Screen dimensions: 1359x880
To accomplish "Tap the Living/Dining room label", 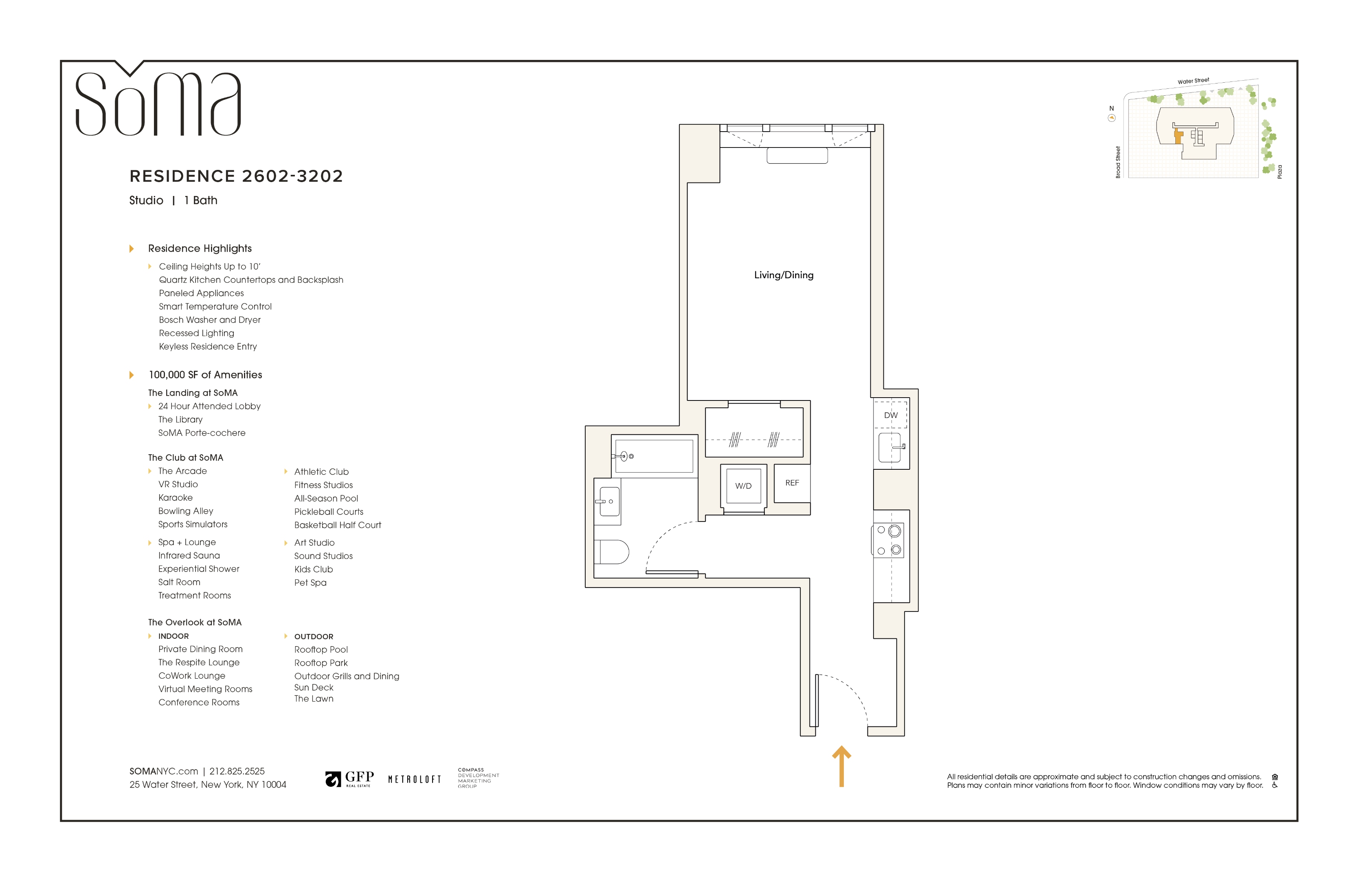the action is point(784,275).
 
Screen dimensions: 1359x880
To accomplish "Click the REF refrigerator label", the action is point(792,483).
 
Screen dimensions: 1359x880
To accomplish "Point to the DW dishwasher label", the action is point(891,416).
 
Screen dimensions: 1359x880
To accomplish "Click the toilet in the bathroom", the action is point(612,552).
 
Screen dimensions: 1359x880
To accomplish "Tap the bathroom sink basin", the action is point(609,502).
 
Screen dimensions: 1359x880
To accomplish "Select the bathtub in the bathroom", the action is point(654,456).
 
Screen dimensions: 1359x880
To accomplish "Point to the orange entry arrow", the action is point(842,766).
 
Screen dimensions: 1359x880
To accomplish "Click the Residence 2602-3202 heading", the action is point(236,176).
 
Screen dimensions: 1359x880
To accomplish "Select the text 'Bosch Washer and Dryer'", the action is point(210,320).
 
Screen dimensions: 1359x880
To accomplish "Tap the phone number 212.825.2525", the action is point(237,772).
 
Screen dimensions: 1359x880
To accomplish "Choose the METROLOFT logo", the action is point(415,779).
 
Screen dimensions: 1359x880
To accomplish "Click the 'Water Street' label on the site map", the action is point(1193,81).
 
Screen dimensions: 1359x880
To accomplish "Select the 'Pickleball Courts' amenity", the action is point(329,512).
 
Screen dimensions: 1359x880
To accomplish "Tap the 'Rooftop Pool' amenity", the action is point(321,650).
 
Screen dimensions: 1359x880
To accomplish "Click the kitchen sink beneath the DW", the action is point(889,448).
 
